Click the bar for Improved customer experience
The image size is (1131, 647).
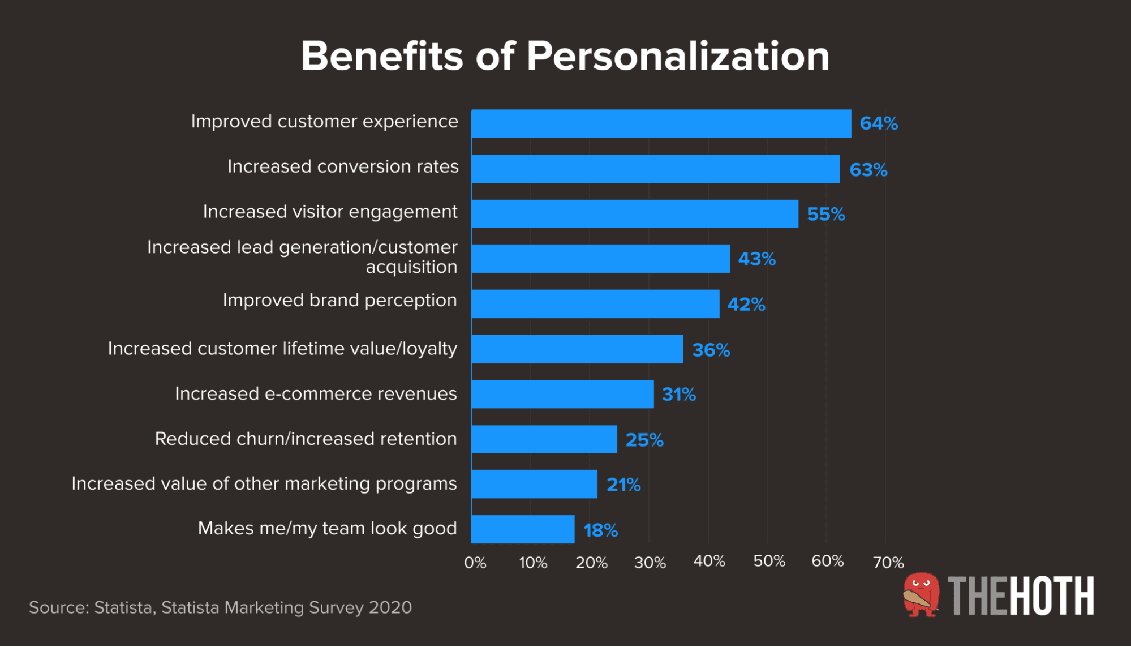[x=661, y=123]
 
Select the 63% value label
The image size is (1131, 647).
[x=868, y=170]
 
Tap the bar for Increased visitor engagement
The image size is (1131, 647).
[x=634, y=214]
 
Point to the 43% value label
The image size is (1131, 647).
[x=756, y=259]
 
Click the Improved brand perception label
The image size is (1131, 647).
[x=339, y=300]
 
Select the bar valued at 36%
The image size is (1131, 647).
[x=577, y=349]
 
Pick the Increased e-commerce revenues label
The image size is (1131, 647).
[x=316, y=393]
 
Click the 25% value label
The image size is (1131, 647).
[x=644, y=440]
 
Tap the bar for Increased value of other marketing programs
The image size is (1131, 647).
[x=534, y=484]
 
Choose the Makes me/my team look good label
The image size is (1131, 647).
[x=327, y=528]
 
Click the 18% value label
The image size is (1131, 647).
[x=600, y=530]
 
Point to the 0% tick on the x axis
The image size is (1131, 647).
[x=475, y=563]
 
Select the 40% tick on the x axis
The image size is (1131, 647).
[x=709, y=562]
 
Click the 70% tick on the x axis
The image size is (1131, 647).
[x=888, y=563]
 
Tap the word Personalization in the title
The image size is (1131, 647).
[x=677, y=56]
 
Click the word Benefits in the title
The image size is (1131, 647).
[x=382, y=56]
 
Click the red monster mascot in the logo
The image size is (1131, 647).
[x=921, y=594]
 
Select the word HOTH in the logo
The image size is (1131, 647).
[x=1052, y=596]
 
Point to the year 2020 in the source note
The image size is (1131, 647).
[x=390, y=607]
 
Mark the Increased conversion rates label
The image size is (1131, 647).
[x=343, y=166]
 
